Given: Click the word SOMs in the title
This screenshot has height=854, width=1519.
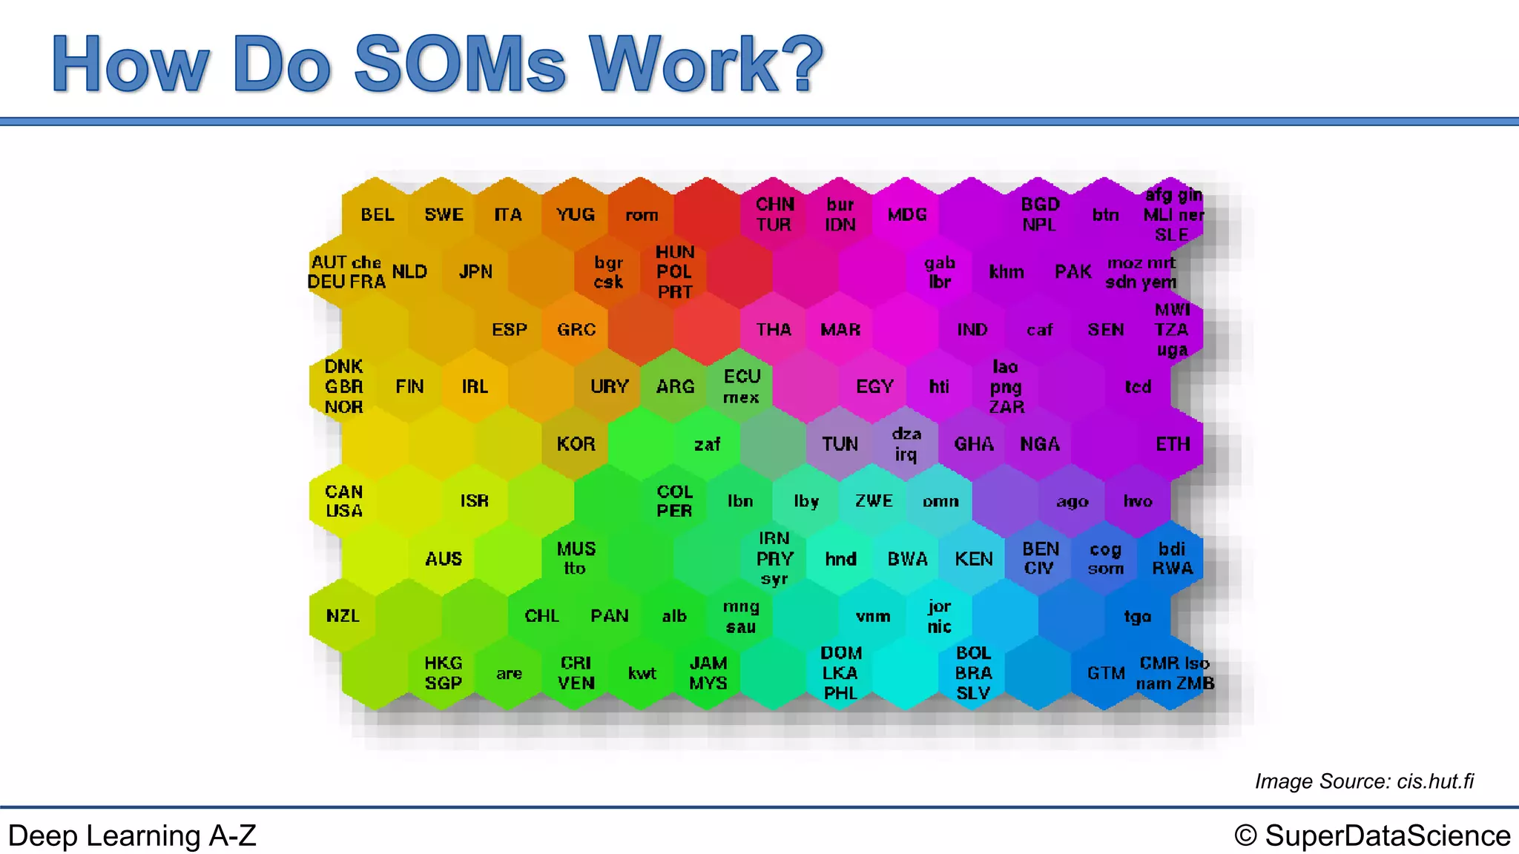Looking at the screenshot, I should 460,65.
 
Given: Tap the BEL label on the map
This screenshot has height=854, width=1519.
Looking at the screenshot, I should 378,215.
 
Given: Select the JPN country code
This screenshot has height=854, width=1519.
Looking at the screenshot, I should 475,272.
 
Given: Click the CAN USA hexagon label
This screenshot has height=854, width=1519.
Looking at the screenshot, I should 344,501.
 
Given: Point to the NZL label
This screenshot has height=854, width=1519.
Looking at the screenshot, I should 343,616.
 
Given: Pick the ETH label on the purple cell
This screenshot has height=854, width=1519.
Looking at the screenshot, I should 1173,444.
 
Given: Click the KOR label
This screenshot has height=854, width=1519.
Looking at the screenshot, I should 576,444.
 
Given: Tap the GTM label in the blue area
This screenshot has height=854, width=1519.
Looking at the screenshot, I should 1106,673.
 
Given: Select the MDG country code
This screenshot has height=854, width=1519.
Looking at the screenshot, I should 907,215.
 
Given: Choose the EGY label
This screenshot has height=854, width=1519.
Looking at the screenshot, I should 874,387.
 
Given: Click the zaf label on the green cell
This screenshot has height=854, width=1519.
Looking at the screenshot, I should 707,445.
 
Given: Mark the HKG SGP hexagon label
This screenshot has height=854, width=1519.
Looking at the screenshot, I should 444,673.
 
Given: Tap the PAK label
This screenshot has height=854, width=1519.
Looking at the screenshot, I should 1072,272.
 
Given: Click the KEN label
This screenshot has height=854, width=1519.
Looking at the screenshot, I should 973,559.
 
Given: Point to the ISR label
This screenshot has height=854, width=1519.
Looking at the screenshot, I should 475,501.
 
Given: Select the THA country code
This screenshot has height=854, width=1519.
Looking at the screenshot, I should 774,330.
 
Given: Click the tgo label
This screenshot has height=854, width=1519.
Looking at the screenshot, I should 1137,617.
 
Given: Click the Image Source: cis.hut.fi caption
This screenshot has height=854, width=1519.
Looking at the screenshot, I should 1363,781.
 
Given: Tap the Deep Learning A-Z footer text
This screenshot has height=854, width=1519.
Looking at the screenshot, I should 132,836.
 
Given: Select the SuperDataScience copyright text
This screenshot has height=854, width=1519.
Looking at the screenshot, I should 1372,836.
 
